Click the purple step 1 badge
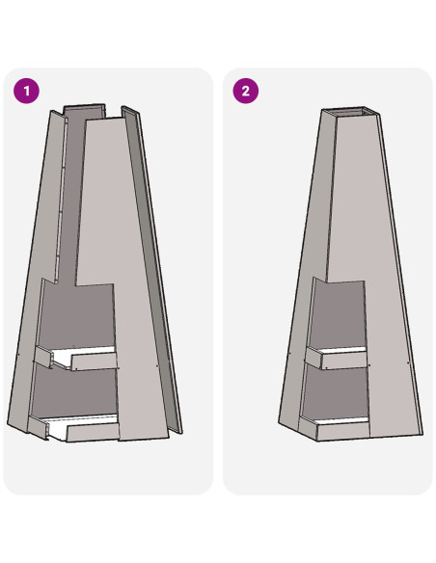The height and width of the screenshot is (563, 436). (27, 91)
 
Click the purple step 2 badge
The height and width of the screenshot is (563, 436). (246, 91)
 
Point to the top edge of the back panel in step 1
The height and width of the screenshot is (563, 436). (84, 106)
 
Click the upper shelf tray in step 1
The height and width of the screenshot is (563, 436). (76, 358)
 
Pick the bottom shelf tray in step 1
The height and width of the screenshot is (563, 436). (73, 427)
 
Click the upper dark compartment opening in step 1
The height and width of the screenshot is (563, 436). (77, 316)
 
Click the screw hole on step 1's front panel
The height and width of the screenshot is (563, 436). (157, 365)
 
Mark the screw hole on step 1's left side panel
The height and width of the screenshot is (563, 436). (18, 356)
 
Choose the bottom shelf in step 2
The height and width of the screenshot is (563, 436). (334, 427)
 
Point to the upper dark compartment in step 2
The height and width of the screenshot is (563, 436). (338, 316)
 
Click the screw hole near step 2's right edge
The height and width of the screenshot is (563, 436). (408, 363)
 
